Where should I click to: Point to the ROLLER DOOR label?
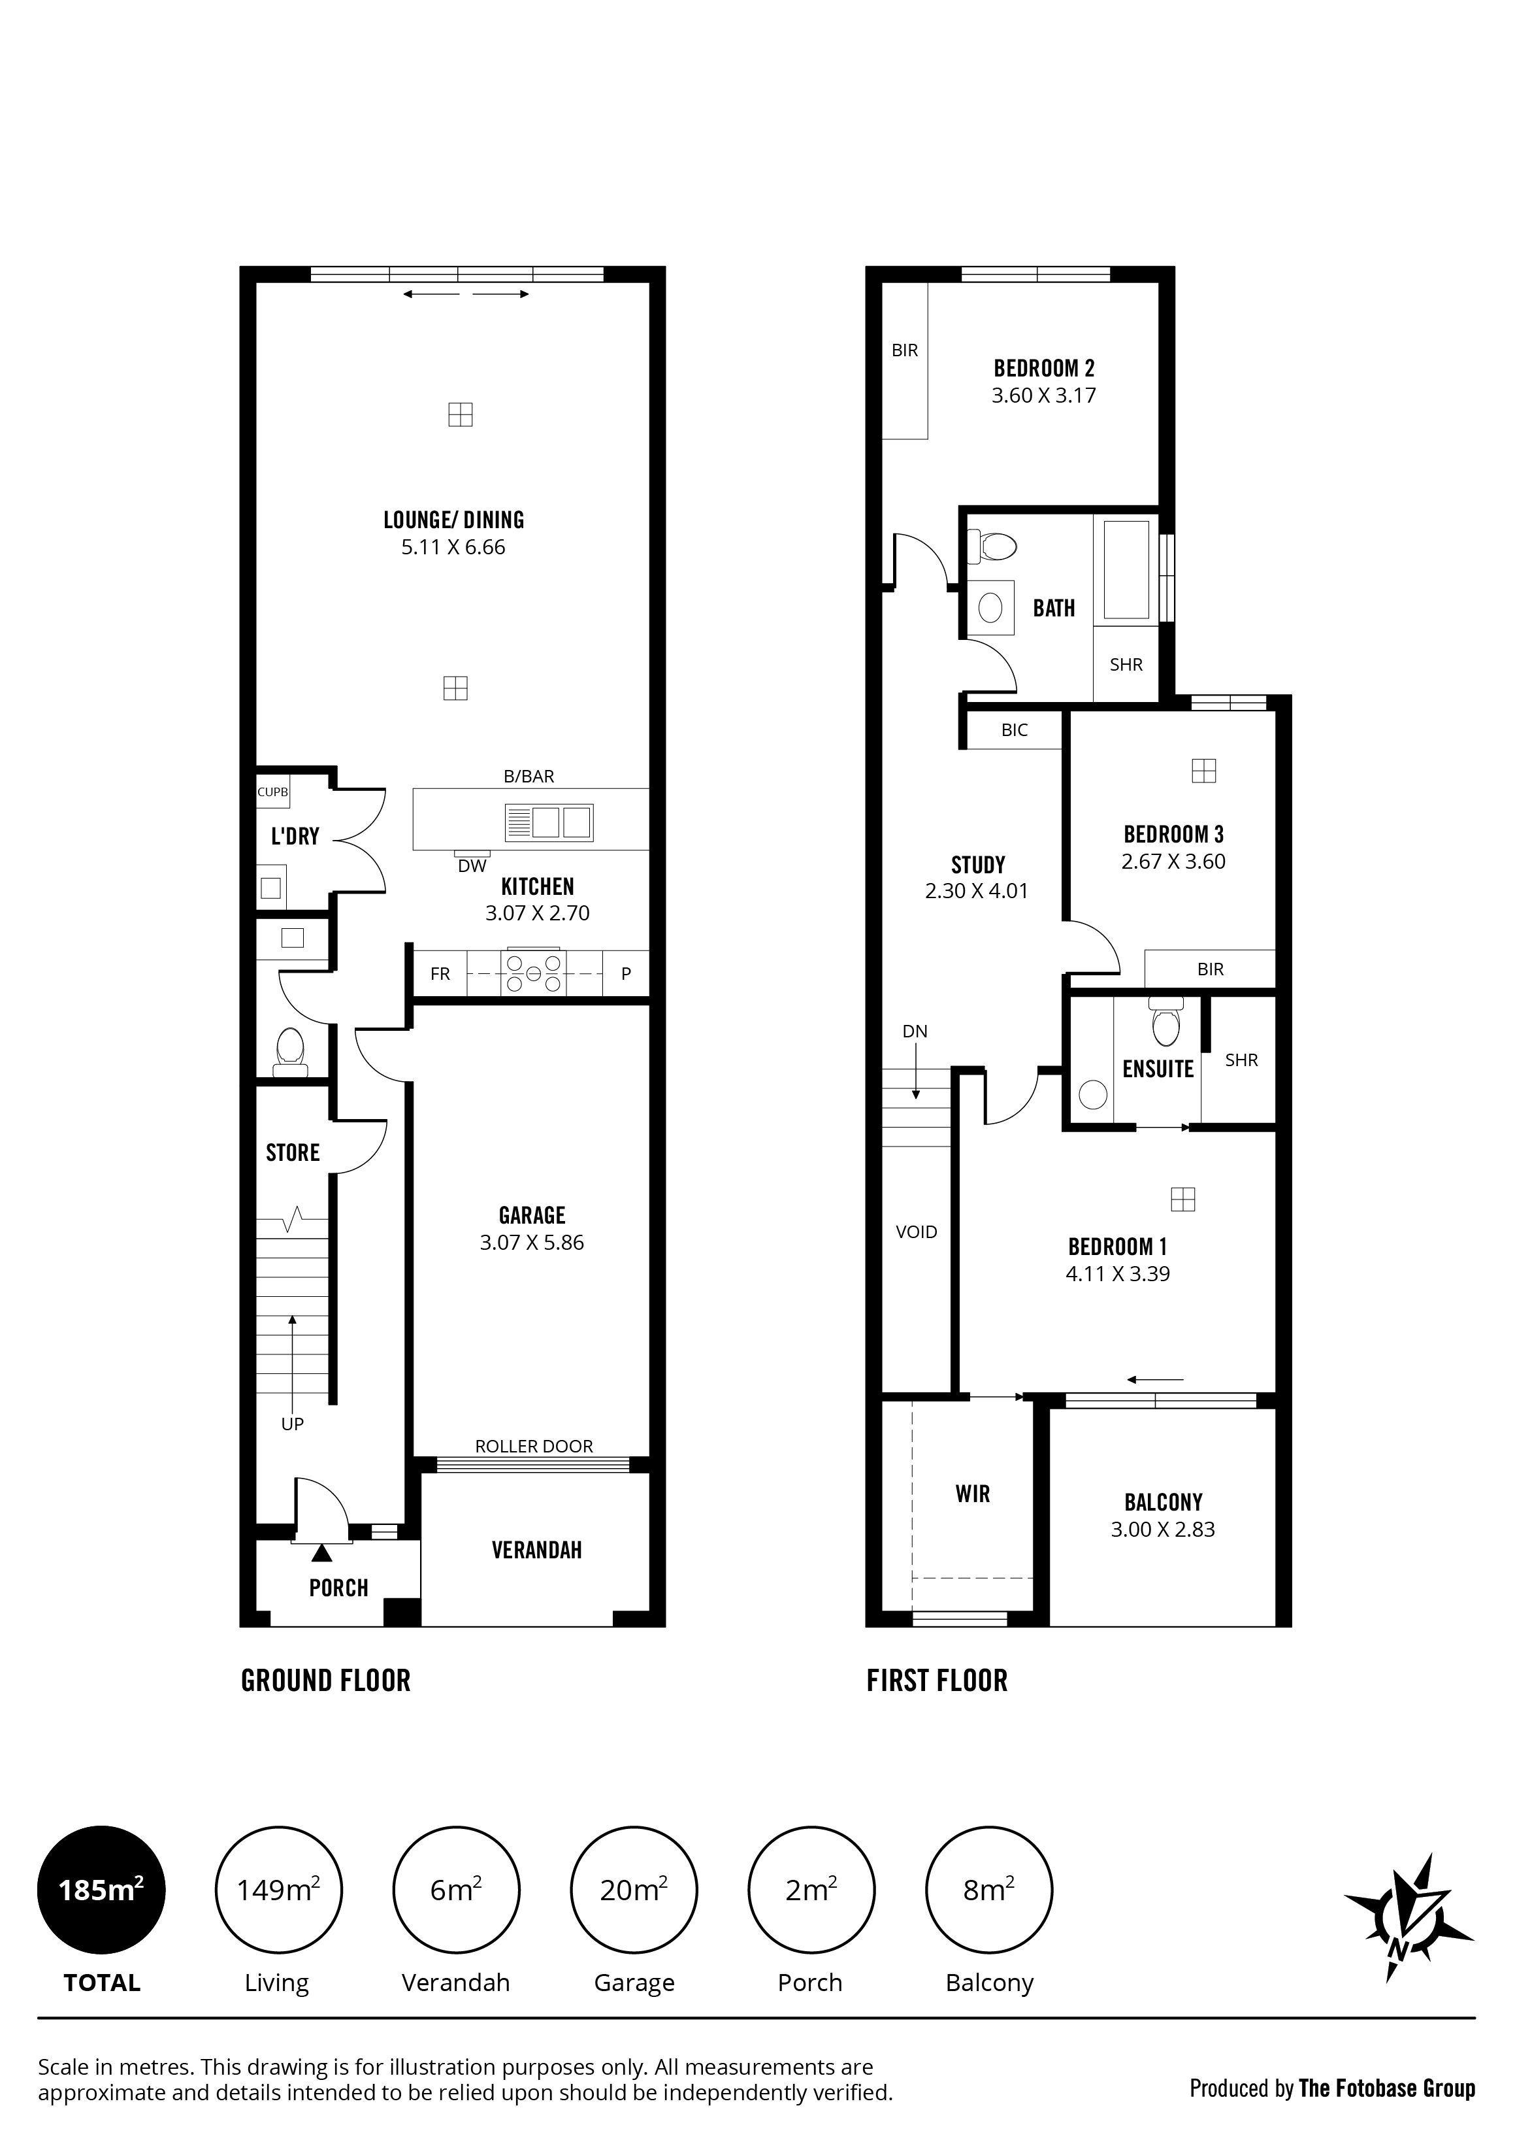click(x=534, y=1447)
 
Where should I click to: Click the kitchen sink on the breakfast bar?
click(x=549, y=822)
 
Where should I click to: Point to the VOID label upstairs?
click(x=916, y=1231)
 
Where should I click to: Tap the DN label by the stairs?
click(x=915, y=1031)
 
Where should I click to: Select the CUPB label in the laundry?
click(x=272, y=792)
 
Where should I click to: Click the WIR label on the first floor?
click(x=973, y=1494)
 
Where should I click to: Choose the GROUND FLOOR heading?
click(x=326, y=1681)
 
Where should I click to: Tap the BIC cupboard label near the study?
click(x=1015, y=730)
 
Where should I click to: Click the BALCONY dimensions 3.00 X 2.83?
click(x=1163, y=1530)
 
